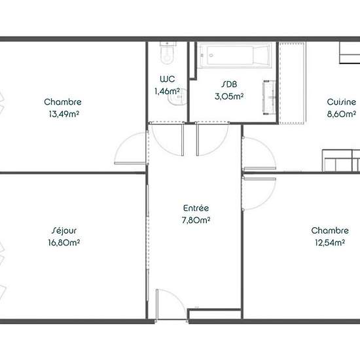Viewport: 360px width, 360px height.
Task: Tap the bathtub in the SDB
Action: (234, 56)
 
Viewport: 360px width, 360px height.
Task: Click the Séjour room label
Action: (64, 230)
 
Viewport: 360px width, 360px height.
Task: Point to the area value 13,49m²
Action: (64, 114)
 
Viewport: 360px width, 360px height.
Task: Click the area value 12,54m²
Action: (330, 242)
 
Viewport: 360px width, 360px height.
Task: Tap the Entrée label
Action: (196, 208)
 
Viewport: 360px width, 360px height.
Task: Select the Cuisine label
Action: (342, 102)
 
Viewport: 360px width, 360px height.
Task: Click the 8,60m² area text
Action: (342, 114)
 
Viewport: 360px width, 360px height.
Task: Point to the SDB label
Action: (229, 84)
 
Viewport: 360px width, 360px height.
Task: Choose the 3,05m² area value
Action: (229, 96)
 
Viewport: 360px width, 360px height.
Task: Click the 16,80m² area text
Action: (64, 242)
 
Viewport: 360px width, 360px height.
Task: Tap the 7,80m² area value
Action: (196, 220)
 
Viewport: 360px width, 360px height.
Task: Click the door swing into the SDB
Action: (215, 144)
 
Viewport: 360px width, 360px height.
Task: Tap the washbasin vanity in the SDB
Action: (269, 98)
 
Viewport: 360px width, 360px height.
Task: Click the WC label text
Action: (168, 79)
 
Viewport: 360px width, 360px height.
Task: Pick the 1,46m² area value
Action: (167, 91)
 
